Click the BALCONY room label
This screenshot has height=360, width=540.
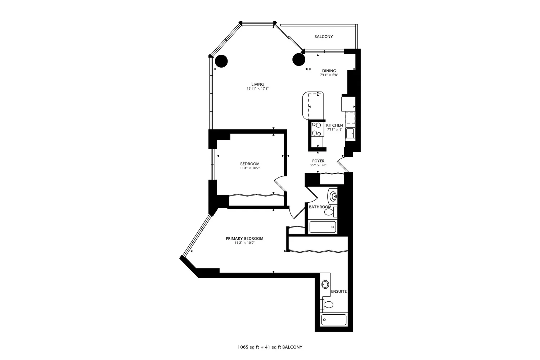coord(323,37)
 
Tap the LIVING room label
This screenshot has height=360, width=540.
coord(257,84)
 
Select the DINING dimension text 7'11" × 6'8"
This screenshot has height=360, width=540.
coord(329,75)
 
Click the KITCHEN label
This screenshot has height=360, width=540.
coord(334,125)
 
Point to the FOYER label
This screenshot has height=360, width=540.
coord(318,161)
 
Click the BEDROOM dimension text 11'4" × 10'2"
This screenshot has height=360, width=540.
coord(249,168)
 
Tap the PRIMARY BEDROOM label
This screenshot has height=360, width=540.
coord(244,238)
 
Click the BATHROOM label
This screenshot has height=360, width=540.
coord(320,207)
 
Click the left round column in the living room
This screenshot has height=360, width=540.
coord(221,61)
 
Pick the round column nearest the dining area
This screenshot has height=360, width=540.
coord(299,60)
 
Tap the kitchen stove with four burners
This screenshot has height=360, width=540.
coord(317,129)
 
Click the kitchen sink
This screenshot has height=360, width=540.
coord(350,133)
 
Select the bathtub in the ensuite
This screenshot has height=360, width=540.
coord(334,320)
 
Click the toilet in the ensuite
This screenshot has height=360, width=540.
coord(328,305)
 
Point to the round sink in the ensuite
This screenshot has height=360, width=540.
coord(325,284)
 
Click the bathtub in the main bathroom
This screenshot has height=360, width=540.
coord(323,227)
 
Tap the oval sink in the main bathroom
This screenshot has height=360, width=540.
coord(333,196)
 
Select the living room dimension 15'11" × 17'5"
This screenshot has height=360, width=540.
coord(257,89)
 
